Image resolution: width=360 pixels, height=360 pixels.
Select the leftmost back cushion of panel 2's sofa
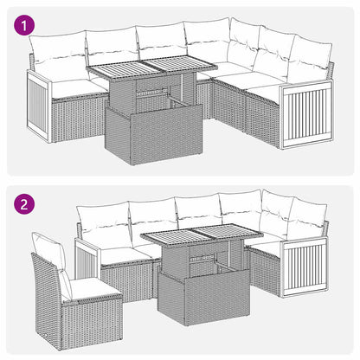pyautogui.click(x=103, y=224)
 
